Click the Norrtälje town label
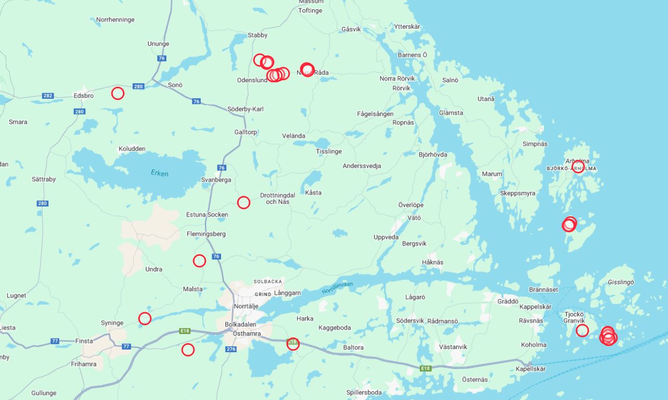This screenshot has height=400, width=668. pos(246,306)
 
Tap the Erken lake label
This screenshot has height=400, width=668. pos(159,173)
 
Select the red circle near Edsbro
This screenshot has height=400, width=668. pos(118,94)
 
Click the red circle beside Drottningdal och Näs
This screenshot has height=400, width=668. pos(243,202)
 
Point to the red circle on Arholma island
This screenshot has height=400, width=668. pos(578,167)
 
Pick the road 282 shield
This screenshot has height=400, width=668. pos(48,96)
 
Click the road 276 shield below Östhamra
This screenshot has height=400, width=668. pos(231,349)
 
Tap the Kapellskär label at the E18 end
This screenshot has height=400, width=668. pos(531,369)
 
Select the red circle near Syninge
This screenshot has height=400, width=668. pos(145,318)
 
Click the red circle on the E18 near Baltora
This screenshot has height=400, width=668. pos(293,343)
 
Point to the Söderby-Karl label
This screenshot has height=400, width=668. pos(246,109)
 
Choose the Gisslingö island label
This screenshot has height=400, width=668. pos(621,282)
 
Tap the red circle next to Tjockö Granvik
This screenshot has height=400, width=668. pos(582,330)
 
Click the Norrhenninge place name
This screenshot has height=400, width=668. pos(115,20)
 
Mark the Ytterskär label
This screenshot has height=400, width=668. pos(407,27)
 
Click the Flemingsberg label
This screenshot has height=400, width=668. pos(206,234)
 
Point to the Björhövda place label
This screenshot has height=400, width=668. pos(433,154)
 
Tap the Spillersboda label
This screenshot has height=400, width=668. pos(364,393)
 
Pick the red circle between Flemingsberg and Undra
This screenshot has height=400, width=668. pos(199,261)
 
